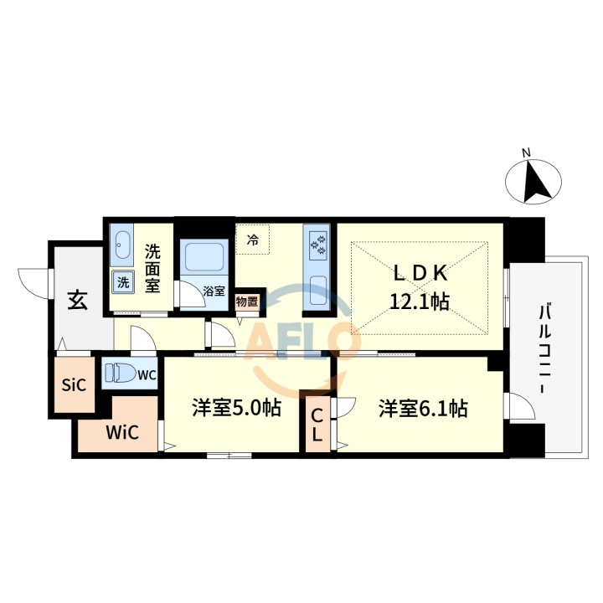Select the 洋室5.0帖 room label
point(235,409)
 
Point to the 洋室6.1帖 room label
point(421,409)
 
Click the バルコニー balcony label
point(545,352)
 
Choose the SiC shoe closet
point(75,387)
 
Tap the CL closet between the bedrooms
point(317,424)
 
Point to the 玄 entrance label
point(77,299)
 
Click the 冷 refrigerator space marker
point(253,241)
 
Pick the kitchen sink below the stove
point(318,292)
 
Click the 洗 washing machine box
point(124,282)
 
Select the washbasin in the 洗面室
point(122,245)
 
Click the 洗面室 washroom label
point(152,267)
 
